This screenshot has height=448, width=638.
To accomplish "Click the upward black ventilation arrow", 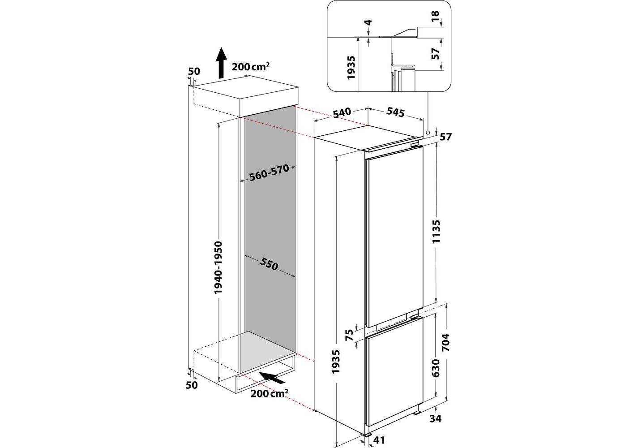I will click(220, 63).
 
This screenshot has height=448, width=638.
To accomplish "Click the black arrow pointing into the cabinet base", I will click(272, 378).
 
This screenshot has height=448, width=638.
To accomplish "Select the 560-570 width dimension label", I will click(269, 173).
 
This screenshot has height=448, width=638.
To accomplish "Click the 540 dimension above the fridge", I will click(342, 113).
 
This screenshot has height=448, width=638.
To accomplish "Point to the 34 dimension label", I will click(435, 418).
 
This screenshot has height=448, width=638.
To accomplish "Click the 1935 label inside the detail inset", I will click(351, 67).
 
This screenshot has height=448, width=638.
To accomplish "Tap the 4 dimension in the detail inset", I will click(368, 22).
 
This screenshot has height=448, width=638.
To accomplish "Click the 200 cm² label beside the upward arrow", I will click(251, 66).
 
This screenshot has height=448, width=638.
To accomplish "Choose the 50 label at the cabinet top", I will click(194, 71).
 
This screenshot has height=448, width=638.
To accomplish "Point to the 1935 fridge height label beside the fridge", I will click(337, 362).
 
